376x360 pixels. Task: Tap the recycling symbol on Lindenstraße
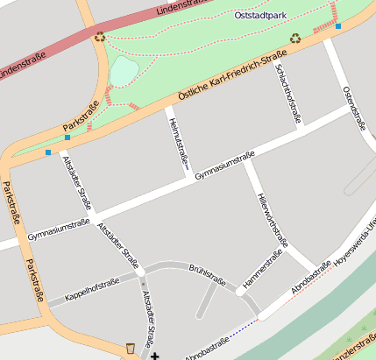[99, 37]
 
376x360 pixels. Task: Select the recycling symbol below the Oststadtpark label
[295, 38]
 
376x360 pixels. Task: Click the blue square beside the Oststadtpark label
[338, 26]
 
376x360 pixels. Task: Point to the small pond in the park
[124, 70]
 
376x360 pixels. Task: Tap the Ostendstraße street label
[353, 107]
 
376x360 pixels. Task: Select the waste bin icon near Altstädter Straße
[131, 349]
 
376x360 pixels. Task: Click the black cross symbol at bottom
[155, 356]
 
